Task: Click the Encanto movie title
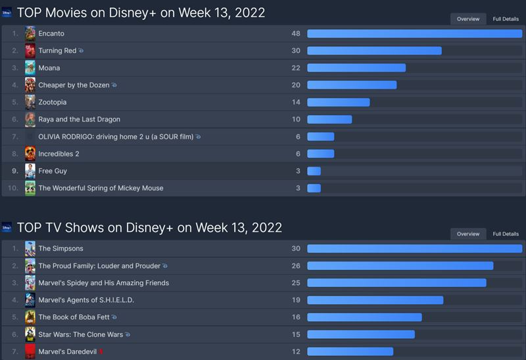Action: [51, 34]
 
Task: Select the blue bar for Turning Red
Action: [374, 51]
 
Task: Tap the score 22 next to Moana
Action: [296, 68]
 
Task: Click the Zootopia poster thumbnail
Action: [30, 102]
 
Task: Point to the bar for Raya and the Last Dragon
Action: [329, 119]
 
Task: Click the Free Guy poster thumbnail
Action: [30, 171]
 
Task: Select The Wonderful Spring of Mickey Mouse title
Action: [101, 188]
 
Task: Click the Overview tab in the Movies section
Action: [468, 19]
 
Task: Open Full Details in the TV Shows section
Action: [506, 234]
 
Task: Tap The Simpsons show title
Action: [60, 248]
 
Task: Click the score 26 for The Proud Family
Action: [296, 265]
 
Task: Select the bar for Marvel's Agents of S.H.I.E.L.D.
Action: [375, 300]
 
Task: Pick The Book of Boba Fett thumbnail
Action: [30, 317]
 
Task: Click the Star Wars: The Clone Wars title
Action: [80, 334]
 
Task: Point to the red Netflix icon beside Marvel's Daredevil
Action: [101, 351]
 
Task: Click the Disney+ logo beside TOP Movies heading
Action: [7, 12]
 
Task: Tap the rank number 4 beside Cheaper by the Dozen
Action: [14, 85]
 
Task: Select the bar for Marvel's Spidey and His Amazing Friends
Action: [396, 282]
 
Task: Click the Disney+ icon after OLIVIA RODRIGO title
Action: [198, 137]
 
